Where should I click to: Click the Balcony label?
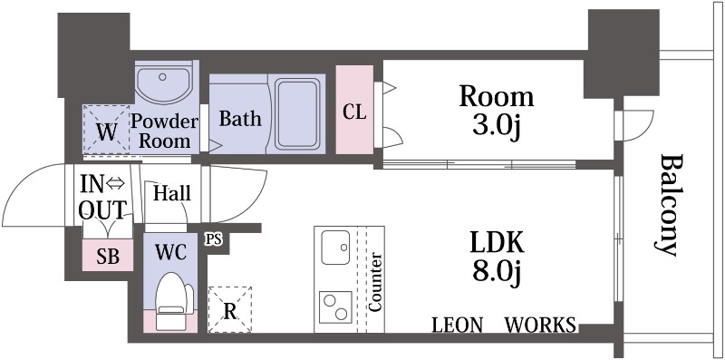tap(668, 206)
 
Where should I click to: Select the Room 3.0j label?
tap(496, 112)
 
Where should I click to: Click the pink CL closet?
tap(354, 109)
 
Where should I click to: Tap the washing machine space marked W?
tap(106, 130)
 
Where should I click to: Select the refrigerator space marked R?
tap(230, 309)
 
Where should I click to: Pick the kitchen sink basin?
tap(335, 248)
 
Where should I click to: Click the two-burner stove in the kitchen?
tap(336, 307)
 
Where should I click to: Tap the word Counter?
tap(375, 282)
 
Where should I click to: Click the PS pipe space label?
tap(214, 239)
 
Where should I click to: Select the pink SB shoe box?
tap(108, 256)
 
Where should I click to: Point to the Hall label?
tap(172, 193)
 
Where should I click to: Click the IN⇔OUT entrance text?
tap(102, 197)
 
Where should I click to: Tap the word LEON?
tap(458, 325)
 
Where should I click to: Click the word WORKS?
tap(540, 325)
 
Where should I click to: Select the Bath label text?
tap(240, 119)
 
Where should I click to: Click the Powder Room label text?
tap(165, 131)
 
